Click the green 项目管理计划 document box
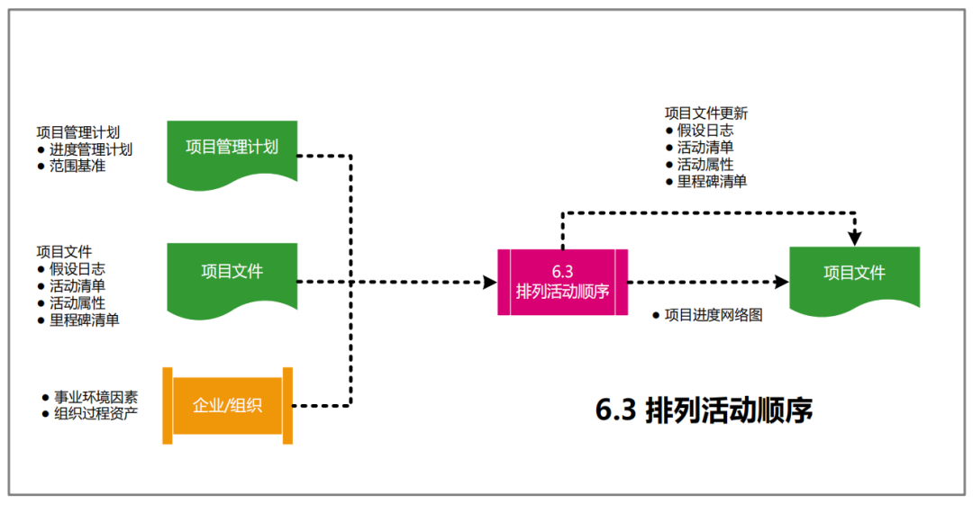coord(232,149)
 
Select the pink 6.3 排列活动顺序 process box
coord(563,282)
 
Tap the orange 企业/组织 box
coord(227,405)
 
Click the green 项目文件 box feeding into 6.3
coord(232,272)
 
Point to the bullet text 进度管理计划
coord(91,149)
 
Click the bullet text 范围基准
coord(77,167)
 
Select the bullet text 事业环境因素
coord(95,397)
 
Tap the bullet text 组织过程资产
coord(95,414)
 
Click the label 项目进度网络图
coord(714,316)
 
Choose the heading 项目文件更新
coord(706,113)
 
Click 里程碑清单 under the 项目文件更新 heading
coord(712,182)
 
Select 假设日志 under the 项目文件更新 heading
coord(705,131)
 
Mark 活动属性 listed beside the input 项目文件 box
coord(77,303)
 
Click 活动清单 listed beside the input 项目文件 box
coord(77,286)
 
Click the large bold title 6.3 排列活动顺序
coord(705,410)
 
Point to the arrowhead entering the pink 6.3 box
coord(490,282)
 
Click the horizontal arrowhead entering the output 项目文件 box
coord(781,282)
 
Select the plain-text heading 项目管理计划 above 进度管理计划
coord(77,132)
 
